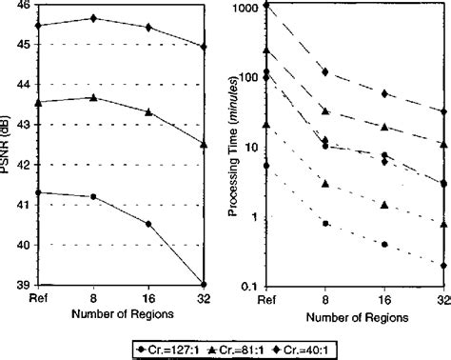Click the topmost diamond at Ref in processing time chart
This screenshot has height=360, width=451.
click(267, 5)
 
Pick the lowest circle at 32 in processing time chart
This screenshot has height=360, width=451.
click(443, 266)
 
